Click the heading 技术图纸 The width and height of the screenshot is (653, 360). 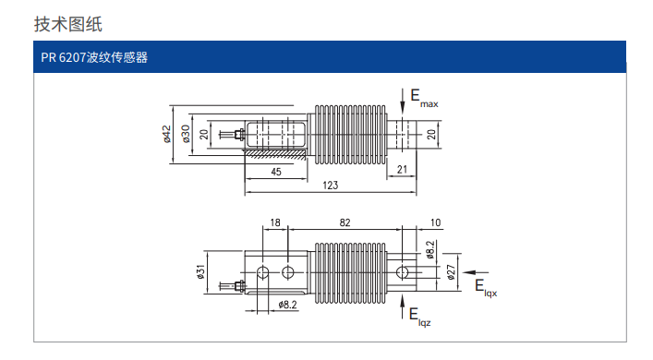pyautogui.click(x=68, y=24)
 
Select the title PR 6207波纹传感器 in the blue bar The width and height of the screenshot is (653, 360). pyautogui.click(x=94, y=57)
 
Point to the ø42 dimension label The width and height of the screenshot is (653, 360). pyautogui.click(x=166, y=134)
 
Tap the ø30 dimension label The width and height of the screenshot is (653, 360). pyautogui.click(x=186, y=134)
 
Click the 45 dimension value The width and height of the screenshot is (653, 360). pyautogui.click(x=276, y=172)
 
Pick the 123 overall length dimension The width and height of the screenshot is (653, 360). pyautogui.click(x=331, y=186)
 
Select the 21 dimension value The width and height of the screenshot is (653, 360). pyautogui.click(x=402, y=170)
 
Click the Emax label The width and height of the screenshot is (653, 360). pyautogui.click(x=424, y=98)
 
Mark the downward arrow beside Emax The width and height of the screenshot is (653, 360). pyautogui.click(x=403, y=101)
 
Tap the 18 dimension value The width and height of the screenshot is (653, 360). pyautogui.click(x=275, y=222)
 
